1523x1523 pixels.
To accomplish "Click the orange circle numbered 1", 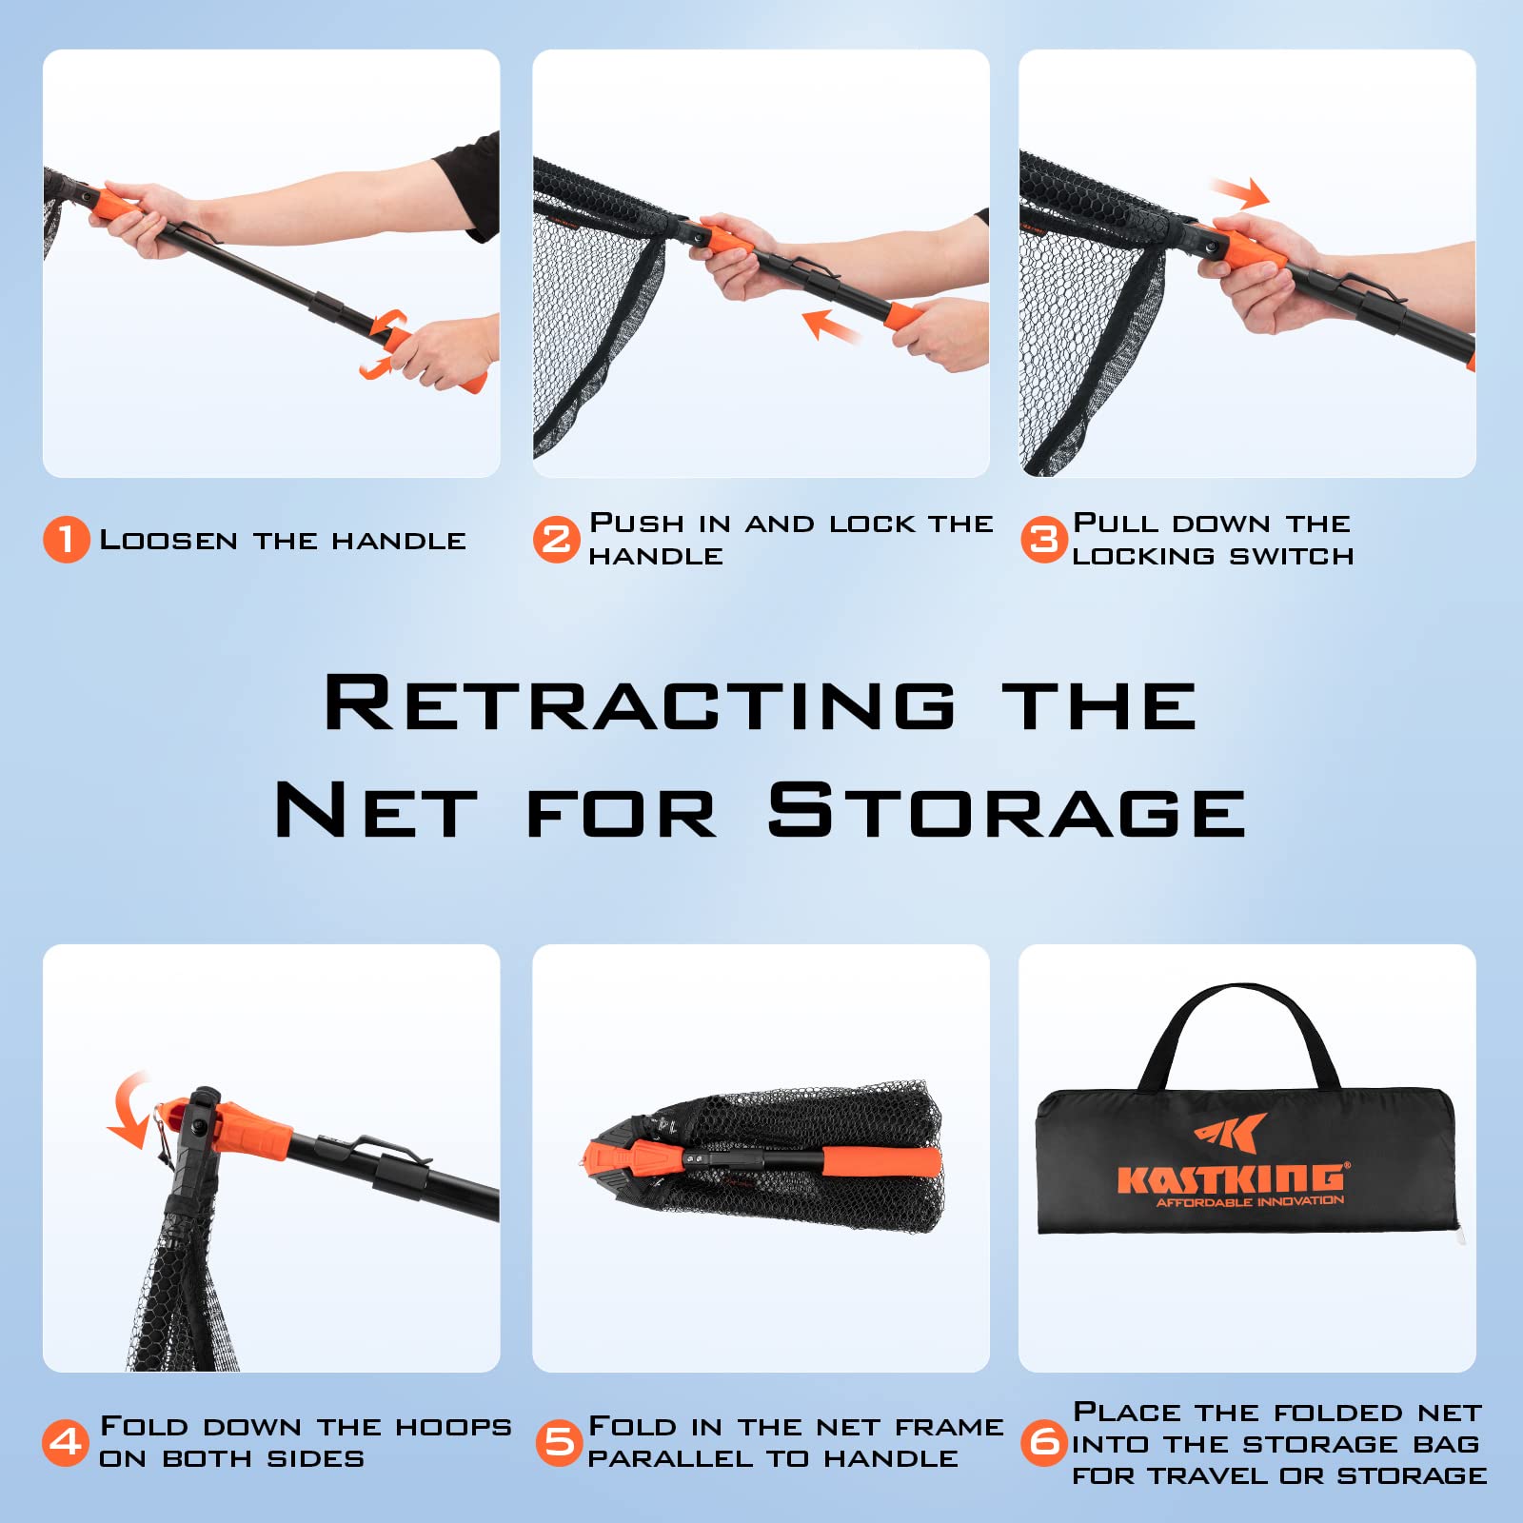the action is [66, 539].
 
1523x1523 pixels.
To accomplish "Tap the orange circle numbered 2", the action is [556, 539].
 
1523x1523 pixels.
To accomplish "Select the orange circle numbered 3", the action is [1044, 539].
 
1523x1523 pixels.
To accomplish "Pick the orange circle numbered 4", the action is [66, 1442].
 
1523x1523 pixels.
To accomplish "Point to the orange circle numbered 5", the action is [559, 1442].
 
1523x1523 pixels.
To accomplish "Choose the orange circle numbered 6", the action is [1044, 1442].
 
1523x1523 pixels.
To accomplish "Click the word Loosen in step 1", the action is [168, 540].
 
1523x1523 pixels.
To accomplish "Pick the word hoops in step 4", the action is [454, 1426].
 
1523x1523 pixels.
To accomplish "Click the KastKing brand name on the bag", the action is [1231, 1177].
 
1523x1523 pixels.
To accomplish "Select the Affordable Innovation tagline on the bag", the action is [1250, 1201].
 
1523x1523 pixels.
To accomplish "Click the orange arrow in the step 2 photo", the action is [832, 326].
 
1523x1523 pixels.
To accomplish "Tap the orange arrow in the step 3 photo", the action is [1238, 193].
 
